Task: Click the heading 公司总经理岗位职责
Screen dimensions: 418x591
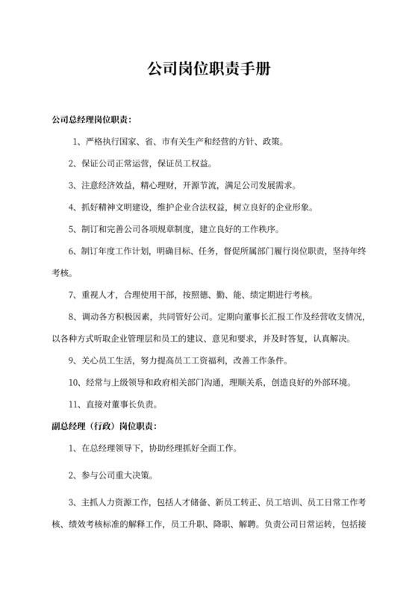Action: pos(91,119)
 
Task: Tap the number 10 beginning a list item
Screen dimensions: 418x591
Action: pos(73,384)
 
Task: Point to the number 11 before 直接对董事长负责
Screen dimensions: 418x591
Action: pos(73,405)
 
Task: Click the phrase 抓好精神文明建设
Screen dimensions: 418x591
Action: pos(113,206)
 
